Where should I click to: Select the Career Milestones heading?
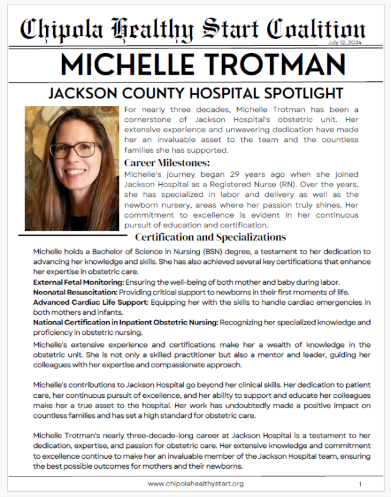[x=167, y=162]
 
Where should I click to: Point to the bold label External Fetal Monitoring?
[x=78, y=282]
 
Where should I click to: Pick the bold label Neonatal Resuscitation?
[x=75, y=292]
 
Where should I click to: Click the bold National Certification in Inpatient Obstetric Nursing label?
[x=126, y=323]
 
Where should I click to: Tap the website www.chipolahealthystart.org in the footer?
[x=195, y=484]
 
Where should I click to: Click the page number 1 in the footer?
[x=360, y=484]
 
